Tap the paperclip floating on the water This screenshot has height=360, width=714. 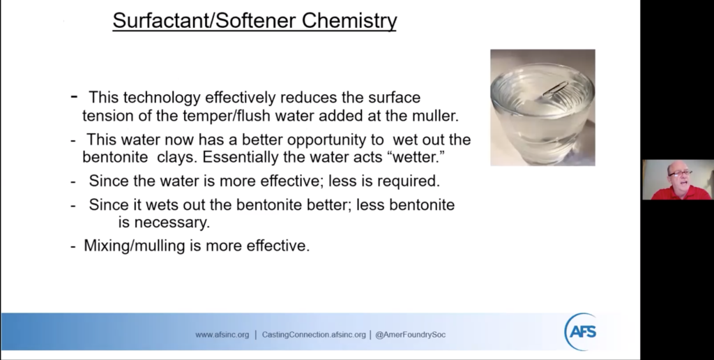coord(554,89)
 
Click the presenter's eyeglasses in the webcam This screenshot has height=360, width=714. coord(680,172)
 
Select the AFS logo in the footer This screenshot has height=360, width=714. coord(581,331)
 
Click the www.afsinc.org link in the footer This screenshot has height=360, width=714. coord(222,335)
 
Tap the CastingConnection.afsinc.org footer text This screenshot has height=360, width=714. coord(314,335)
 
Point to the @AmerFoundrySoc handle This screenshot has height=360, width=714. coord(410,335)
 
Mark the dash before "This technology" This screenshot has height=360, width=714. coord(74,96)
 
